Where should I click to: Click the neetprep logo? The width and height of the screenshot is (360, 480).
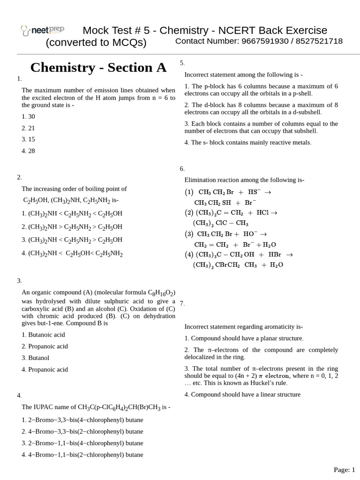pyautogui.click(x=43, y=30)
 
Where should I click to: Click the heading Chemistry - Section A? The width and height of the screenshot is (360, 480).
pyautogui.click(x=98, y=67)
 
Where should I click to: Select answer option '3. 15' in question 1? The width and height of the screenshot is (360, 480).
pyautogui.click(x=28, y=139)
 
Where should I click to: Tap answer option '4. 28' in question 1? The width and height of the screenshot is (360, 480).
pyautogui.click(x=28, y=151)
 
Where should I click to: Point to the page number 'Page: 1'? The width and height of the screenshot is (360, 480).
pyautogui.click(x=344, y=469)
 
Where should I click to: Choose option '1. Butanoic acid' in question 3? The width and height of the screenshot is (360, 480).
pyautogui.click(x=43, y=335)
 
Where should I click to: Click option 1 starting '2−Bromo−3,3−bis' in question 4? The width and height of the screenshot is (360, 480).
pyautogui.click(x=82, y=420)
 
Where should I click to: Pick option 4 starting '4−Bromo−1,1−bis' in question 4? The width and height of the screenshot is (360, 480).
pyautogui.click(x=82, y=455)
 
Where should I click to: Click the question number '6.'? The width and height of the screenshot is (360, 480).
pyautogui.click(x=182, y=169)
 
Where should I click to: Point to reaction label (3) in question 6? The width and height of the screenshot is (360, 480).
pyautogui.click(x=189, y=234)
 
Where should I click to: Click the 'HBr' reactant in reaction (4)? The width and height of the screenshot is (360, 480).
pyautogui.click(x=275, y=255)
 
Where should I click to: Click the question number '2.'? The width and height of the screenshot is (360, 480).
pyautogui.click(x=19, y=177)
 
